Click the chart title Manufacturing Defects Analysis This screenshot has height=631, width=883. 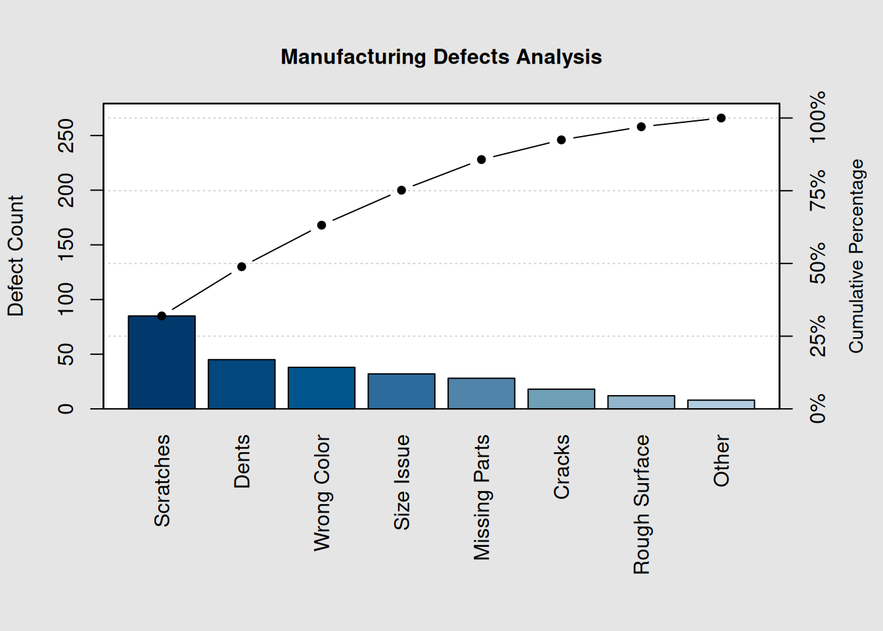(x=441, y=57)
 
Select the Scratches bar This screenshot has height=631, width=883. (x=162, y=362)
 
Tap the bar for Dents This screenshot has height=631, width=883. (x=241, y=384)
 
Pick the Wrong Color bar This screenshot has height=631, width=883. (x=321, y=388)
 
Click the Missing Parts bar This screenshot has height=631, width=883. (x=481, y=393)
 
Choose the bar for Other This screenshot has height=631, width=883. (x=721, y=404)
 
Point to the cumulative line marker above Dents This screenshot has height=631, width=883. (x=242, y=267)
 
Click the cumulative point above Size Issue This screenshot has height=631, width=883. (x=401, y=191)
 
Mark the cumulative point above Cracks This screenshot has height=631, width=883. (x=561, y=140)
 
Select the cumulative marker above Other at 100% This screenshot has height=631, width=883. (x=721, y=118)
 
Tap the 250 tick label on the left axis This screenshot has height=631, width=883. (x=66, y=135)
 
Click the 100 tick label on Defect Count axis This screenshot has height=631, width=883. (x=66, y=299)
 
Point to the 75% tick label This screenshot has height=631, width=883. (x=817, y=191)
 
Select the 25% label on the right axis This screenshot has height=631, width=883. (x=817, y=336)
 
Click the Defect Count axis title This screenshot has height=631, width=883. (x=16, y=256)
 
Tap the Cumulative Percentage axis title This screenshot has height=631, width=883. (x=855, y=256)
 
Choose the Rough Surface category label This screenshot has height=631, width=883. (x=641, y=504)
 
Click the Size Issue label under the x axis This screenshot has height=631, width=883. (x=401, y=482)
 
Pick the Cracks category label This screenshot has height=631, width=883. (x=561, y=467)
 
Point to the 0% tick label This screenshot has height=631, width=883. (x=817, y=409)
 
